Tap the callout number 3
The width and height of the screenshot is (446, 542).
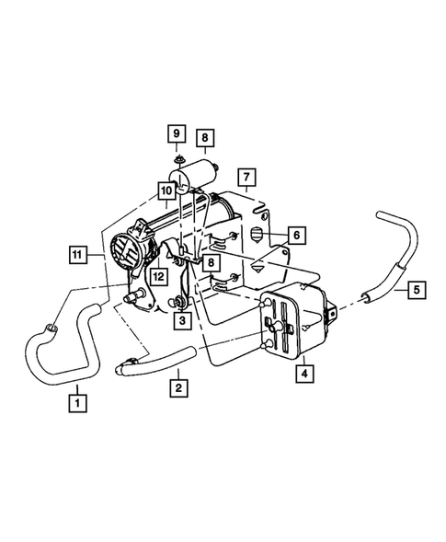tap(183, 320)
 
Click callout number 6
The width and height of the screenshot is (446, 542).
tap(297, 235)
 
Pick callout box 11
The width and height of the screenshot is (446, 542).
tap(79, 253)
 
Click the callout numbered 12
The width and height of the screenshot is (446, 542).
tap(158, 275)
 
